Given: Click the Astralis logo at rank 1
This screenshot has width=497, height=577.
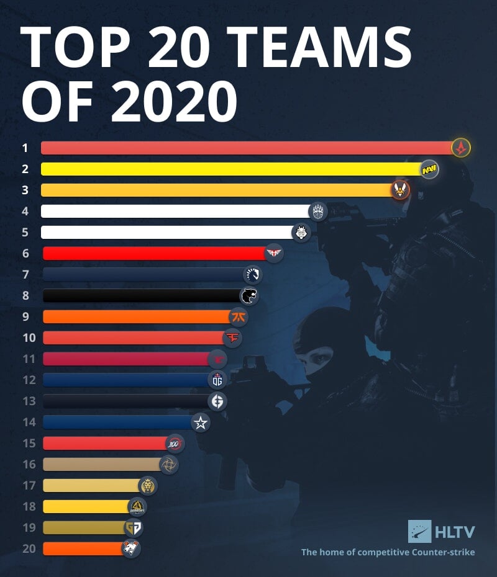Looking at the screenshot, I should [x=462, y=148].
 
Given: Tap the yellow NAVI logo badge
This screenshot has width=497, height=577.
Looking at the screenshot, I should [x=429, y=169].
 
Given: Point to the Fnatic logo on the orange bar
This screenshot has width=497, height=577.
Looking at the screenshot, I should [x=239, y=317].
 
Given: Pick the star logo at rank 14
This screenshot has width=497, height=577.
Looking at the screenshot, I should [x=201, y=423].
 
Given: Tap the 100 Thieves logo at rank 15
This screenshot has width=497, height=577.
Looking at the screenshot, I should [x=175, y=444].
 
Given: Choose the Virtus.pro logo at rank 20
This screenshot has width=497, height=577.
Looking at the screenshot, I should [x=131, y=548].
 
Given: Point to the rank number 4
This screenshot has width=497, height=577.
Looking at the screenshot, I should [x=25, y=211].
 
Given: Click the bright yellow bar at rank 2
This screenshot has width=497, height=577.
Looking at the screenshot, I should [x=230, y=169].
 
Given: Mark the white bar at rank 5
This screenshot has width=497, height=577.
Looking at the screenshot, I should [x=165, y=232].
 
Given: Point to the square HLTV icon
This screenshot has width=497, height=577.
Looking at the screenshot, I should [x=419, y=531].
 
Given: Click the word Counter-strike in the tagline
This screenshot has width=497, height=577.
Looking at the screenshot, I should [x=444, y=552].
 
